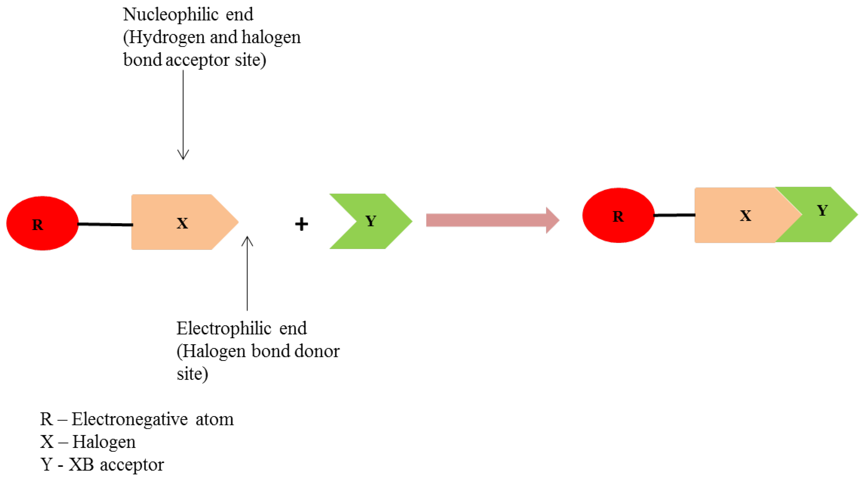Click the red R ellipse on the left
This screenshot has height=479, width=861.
tap(43, 223)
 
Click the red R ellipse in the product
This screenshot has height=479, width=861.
tap(618, 215)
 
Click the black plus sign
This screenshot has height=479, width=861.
tap(301, 224)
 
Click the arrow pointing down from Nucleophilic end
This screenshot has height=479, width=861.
tap(183, 114)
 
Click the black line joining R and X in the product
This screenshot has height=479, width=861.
tap(674, 215)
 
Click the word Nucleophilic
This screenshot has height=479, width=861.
tap(171, 15)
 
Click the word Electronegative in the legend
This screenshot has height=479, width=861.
tap(130, 419)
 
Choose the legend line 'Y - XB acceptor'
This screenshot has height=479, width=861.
tap(102, 464)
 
